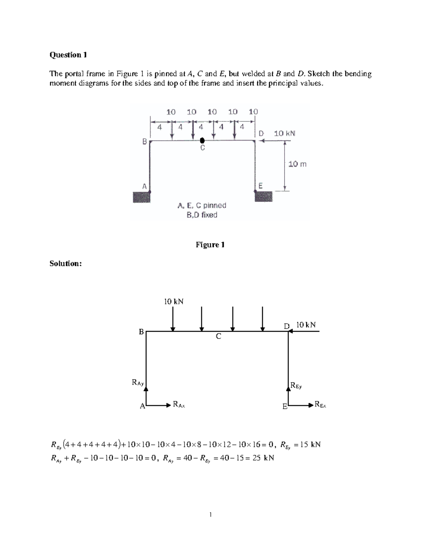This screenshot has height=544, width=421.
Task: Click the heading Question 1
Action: (68, 55)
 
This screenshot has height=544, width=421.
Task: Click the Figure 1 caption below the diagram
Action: (210, 245)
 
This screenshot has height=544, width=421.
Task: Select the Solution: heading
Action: (66, 263)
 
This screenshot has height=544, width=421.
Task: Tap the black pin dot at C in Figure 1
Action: (202, 140)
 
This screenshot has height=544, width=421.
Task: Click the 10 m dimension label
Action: (297, 164)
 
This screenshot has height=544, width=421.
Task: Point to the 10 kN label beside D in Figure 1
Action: (285, 133)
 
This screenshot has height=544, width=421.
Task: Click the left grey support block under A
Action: (141, 197)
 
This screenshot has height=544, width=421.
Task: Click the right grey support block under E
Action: (263, 197)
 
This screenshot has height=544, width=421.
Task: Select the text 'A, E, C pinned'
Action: (202, 205)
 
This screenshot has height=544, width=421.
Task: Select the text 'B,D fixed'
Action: (202, 215)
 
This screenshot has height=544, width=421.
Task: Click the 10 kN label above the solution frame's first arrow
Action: (174, 301)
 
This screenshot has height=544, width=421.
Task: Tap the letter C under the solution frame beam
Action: (219, 337)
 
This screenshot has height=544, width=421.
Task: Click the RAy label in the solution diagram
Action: (138, 383)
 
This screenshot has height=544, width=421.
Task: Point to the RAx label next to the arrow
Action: (179, 405)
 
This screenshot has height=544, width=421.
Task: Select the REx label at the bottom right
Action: (320, 405)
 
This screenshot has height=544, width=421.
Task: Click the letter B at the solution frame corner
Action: (141, 332)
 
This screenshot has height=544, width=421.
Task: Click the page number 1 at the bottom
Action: (210, 515)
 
